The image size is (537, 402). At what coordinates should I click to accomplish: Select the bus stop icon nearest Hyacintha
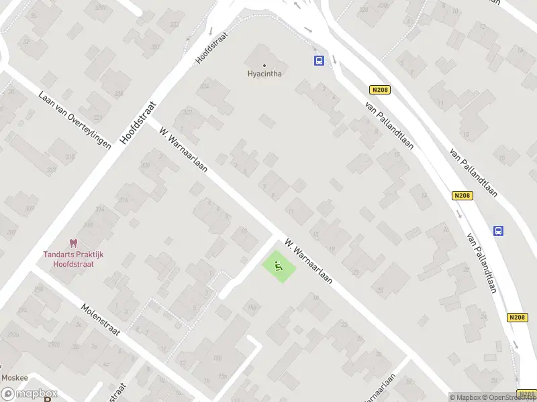click(x=319, y=61)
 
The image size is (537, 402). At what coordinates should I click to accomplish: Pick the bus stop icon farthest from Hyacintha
click(x=498, y=230)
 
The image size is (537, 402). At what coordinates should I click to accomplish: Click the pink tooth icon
click(x=74, y=245)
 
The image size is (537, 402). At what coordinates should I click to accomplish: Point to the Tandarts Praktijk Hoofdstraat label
click(x=73, y=259)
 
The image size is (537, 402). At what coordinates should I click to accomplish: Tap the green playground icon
click(x=279, y=267)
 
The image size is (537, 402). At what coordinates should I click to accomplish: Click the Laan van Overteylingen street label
click(x=75, y=120)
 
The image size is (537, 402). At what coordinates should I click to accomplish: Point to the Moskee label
click(x=13, y=377)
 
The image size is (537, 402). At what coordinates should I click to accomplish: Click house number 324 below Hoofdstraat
click(x=204, y=86)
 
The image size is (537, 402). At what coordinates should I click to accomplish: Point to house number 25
click(x=380, y=290)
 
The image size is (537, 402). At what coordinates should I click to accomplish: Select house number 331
click(x=156, y=47)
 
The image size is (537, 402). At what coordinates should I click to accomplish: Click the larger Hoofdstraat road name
click(x=137, y=123)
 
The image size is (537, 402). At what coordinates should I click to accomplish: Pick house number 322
click(x=188, y=111)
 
